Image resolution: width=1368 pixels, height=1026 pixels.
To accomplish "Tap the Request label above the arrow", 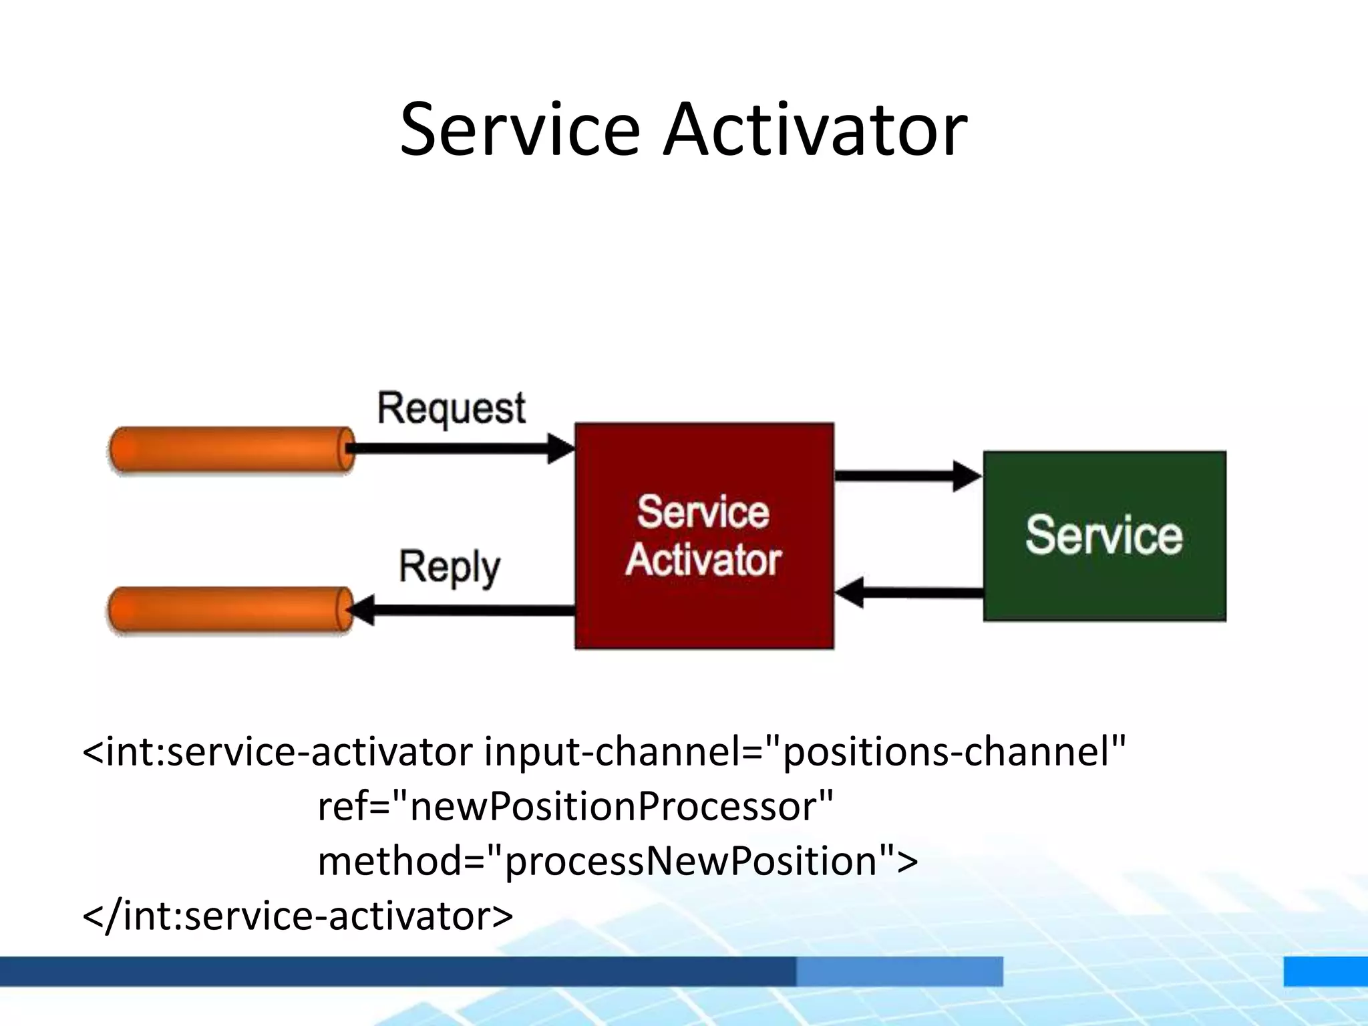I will pos(451,408).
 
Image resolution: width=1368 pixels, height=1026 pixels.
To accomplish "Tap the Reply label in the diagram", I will pos(449,568).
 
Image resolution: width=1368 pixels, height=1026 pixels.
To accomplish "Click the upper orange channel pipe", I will pos(230,450).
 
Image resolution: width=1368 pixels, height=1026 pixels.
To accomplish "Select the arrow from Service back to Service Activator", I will pos(908,592).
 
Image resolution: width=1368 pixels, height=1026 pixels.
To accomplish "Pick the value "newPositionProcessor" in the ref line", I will pos(611,806).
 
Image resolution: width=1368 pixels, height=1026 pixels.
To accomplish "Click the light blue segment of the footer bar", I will pos(899,971).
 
